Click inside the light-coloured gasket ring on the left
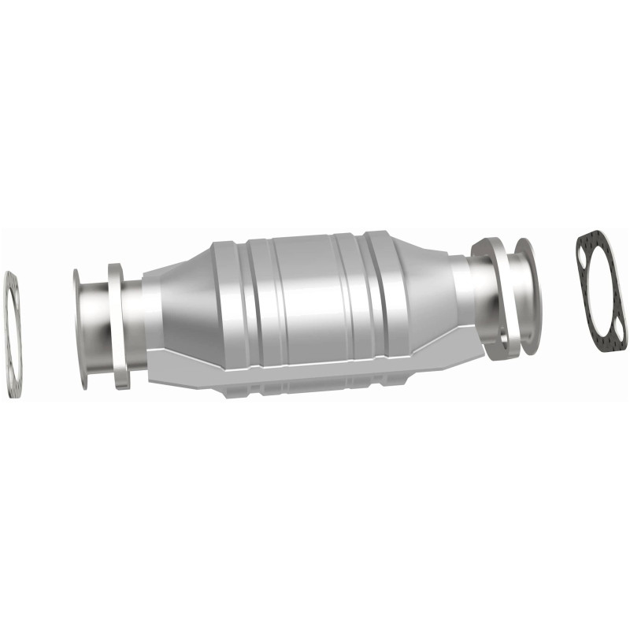(11, 335)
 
